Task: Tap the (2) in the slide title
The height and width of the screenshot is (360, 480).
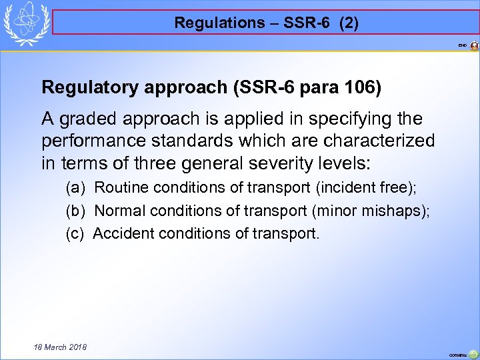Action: (349, 23)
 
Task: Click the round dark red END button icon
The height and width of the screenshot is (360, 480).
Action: (474, 45)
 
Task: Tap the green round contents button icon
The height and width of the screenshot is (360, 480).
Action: (473, 355)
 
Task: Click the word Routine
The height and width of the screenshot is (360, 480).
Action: (118, 188)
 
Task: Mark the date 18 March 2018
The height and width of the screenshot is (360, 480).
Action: (51, 347)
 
